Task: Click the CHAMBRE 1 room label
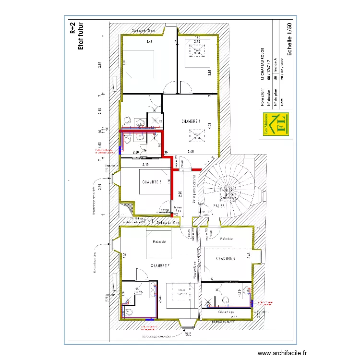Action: pyautogui.click(x=190, y=121)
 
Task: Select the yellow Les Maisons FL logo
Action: pyautogui.click(x=276, y=124)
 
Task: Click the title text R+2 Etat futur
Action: pyautogui.click(x=76, y=36)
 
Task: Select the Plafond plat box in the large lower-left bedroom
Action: pyautogui.click(x=156, y=241)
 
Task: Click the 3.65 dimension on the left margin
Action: pyautogui.click(x=100, y=66)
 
